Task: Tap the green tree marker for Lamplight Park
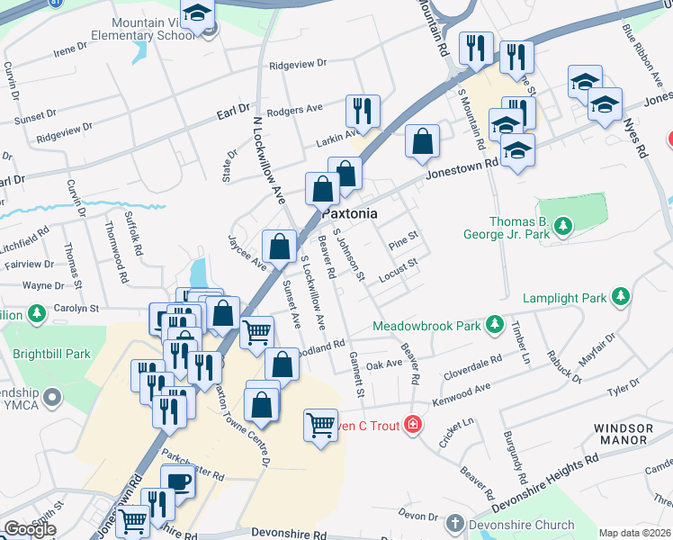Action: point(620,296)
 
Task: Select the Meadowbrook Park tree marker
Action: point(493,324)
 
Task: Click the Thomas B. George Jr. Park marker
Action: point(563,224)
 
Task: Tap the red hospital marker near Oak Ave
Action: point(413,423)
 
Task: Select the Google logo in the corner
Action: point(30,529)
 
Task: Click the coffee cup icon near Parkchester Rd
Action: point(177,481)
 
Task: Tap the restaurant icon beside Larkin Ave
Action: point(363,111)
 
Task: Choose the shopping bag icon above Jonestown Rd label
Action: point(422,140)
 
